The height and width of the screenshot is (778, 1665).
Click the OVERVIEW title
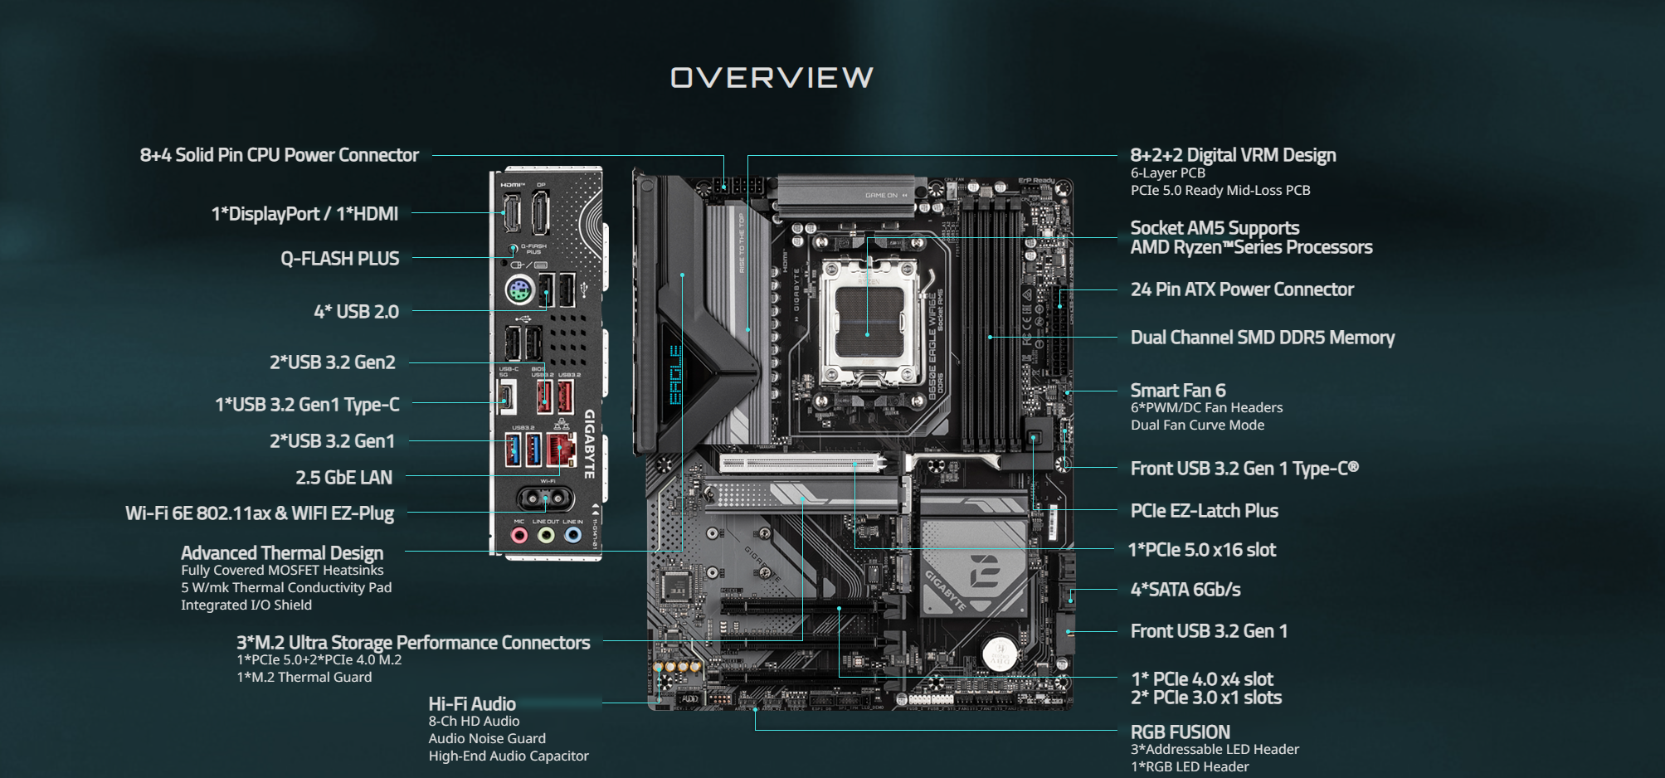pos(772,77)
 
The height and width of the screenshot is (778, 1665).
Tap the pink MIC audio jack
pos(519,535)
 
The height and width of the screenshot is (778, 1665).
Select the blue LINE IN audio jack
pos(572,535)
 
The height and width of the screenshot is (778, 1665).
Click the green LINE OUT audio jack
pos(546,535)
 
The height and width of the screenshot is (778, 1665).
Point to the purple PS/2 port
pos(519,291)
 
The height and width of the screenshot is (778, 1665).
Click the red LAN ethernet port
pos(561,449)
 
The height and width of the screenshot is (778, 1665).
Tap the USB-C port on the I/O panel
pos(506,396)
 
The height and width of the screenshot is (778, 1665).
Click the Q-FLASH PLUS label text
pos(339,258)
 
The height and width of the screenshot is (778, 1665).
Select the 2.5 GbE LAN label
pos(343,477)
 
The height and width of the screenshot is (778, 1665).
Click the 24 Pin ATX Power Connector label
pos(1242,289)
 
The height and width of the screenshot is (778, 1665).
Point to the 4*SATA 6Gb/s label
pos(1185,589)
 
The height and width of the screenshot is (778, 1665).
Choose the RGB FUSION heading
pos(1180,732)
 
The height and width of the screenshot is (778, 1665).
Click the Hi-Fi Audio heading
pos(472,703)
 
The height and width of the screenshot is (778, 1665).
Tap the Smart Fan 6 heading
pos(1178,390)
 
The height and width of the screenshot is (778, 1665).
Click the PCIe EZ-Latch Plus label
pos(1204,510)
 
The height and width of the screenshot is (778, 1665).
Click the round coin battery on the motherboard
pos(1000,653)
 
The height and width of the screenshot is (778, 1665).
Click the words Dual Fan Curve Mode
pos(1197,425)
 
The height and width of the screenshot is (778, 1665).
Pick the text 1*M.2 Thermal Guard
pos(304,677)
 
